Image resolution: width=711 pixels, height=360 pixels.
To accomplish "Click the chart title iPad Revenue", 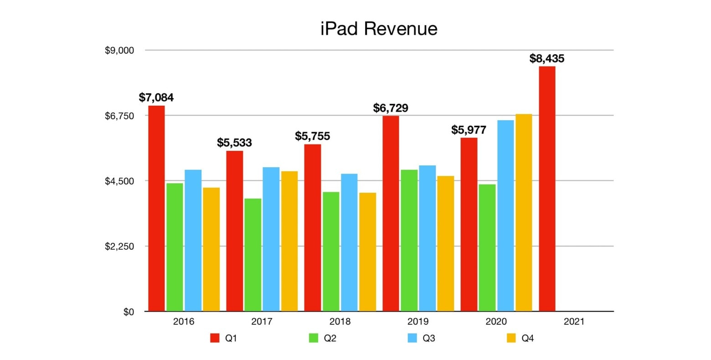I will (378, 29).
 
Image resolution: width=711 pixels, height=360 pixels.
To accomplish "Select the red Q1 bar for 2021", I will (547, 189).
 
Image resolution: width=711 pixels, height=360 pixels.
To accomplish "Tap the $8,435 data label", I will (546, 58).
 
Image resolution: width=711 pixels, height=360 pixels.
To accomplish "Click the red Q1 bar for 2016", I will (156, 208).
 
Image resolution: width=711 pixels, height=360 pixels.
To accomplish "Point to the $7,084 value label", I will (156, 98).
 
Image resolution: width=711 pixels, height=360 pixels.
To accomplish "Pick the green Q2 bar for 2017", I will (252, 255).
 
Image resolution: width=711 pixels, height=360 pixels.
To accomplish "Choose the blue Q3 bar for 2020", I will (505, 216).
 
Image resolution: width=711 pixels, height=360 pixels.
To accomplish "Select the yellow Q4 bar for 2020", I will (524, 212).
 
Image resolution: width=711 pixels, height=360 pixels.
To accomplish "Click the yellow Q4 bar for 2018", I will (367, 252).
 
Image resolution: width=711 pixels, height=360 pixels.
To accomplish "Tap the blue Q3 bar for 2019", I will (428, 238).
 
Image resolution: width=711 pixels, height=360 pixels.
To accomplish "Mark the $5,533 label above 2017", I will (234, 143).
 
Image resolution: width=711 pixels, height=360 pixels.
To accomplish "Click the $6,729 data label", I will (391, 108).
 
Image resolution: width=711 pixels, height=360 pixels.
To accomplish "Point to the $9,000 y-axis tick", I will (119, 50).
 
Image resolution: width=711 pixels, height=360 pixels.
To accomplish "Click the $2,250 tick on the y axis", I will (119, 247).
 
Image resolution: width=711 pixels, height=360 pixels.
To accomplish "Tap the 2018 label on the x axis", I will (340, 322).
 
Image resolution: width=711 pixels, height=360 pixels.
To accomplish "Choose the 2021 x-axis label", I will (574, 322).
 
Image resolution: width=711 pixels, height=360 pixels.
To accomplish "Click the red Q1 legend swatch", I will (215, 338).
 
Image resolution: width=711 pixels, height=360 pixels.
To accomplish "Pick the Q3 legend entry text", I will (428, 338).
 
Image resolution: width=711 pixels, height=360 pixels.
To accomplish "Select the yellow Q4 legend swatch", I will (511, 338).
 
